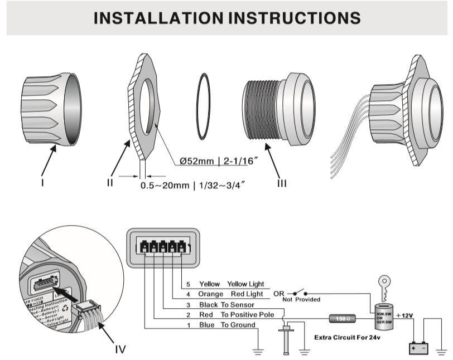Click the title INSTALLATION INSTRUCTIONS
click(x=226, y=18)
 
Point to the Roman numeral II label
click(x=110, y=183)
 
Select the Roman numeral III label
click(x=282, y=183)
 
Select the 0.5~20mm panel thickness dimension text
click(x=192, y=184)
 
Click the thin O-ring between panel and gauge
click(x=204, y=107)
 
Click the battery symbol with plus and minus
click(x=420, y=348)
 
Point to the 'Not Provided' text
click(x=301, y=300)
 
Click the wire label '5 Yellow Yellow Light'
click(x=225, y=284)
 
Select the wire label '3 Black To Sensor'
click(x=220, y=304)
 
